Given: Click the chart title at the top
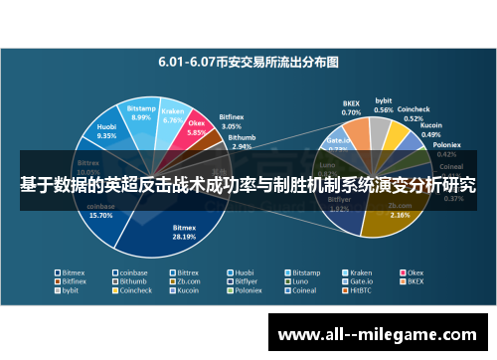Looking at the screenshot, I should (x=248, y=62).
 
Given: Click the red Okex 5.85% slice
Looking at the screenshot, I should (x=196, y=132).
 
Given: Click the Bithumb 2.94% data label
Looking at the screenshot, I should (x=242, y=141).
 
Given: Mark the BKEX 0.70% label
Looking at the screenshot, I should (x=352, y=108).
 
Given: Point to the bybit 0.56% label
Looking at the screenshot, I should (x=383, y=105).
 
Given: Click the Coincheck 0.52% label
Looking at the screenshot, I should (x=414, y=111).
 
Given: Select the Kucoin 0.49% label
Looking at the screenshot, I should (x=431, y=130).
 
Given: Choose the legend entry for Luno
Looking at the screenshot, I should (x=299, y=281).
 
